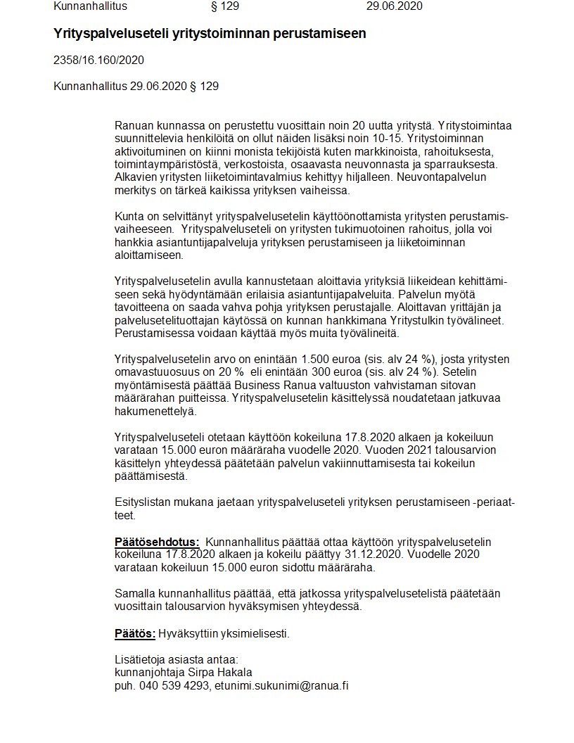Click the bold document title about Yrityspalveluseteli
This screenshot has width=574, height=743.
point(210,34)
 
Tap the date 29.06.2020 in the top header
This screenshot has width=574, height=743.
point(395,7)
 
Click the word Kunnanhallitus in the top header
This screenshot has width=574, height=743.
point(91,7)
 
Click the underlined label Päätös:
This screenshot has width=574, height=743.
point(135,633)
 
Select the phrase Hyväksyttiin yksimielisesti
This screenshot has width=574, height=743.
point(224,633)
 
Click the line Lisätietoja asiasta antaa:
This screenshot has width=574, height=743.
point(177,660)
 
